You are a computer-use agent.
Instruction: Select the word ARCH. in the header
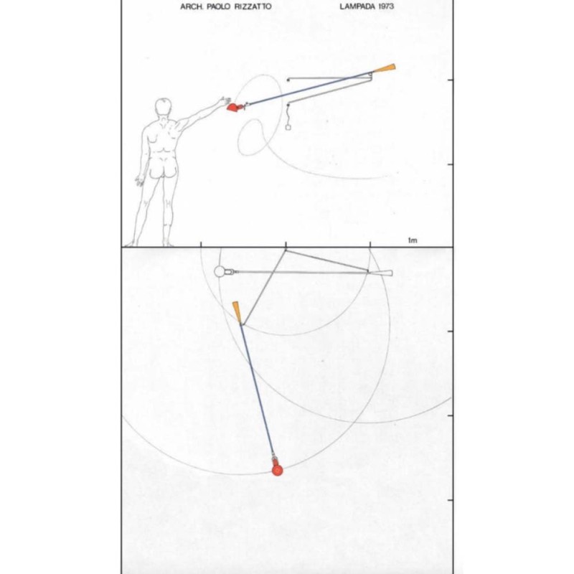pos(192,6)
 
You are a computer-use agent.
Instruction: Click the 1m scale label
pos(413,240)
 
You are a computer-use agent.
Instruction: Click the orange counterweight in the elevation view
pos(385,68)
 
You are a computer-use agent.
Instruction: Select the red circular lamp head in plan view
pos(278,470)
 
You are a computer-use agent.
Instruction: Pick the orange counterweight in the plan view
pos(237,312)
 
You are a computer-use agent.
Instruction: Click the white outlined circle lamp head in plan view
pos(220,272)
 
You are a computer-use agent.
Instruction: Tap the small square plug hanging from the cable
pos(288,128)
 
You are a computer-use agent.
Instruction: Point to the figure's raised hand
pos(225,100)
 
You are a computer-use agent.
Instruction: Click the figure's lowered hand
pos(139,182)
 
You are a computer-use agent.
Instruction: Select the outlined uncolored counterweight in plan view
pos(384,273)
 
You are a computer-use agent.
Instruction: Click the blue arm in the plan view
pos(257,389)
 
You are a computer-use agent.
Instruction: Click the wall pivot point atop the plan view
pos(286,250)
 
